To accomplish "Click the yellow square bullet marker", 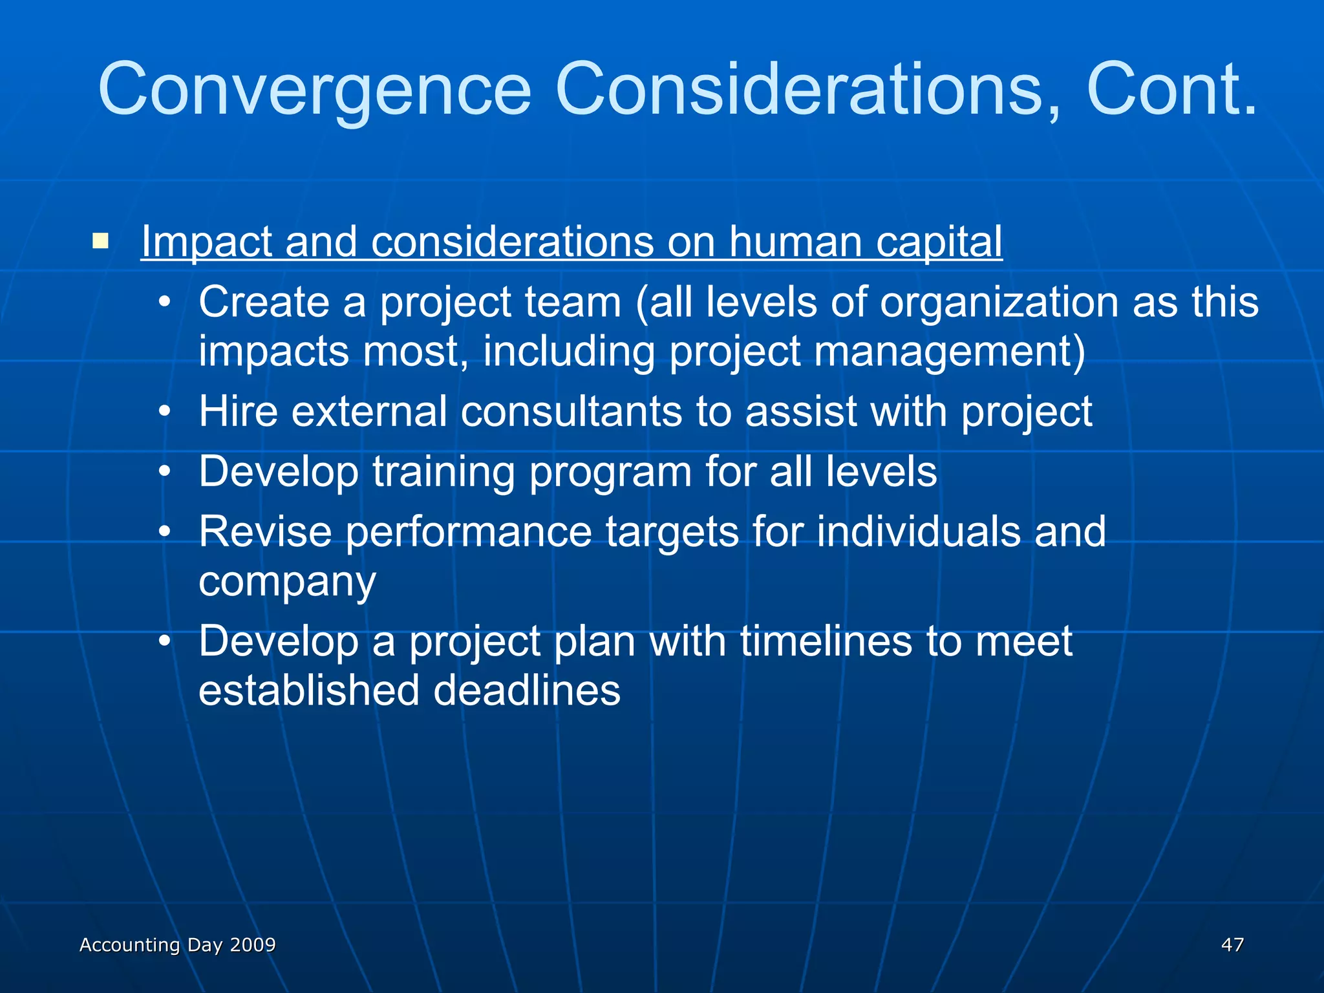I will point(100,242).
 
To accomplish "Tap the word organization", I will point(999,302).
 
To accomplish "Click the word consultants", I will point(571,411).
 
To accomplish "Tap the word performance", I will point(469,531).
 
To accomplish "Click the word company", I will point(287,582).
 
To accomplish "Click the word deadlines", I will point(527,690).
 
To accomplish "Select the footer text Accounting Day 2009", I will point(178,945).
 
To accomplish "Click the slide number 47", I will point(1232,945).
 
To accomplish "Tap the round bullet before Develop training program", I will point(165,473).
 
